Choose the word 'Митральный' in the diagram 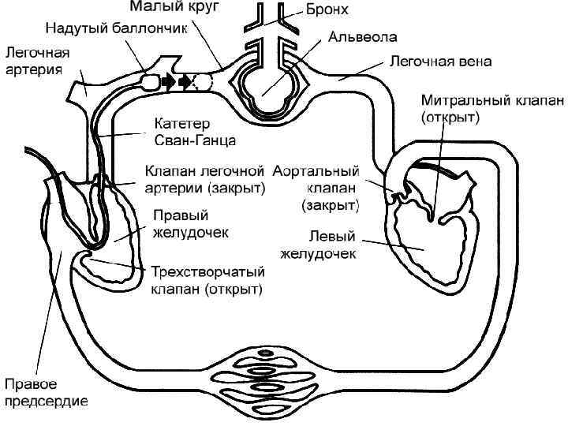coord(453,101)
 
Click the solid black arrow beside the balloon coord(167,81)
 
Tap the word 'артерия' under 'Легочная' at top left coord(30,69)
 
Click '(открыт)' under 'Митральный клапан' coord(451,117)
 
